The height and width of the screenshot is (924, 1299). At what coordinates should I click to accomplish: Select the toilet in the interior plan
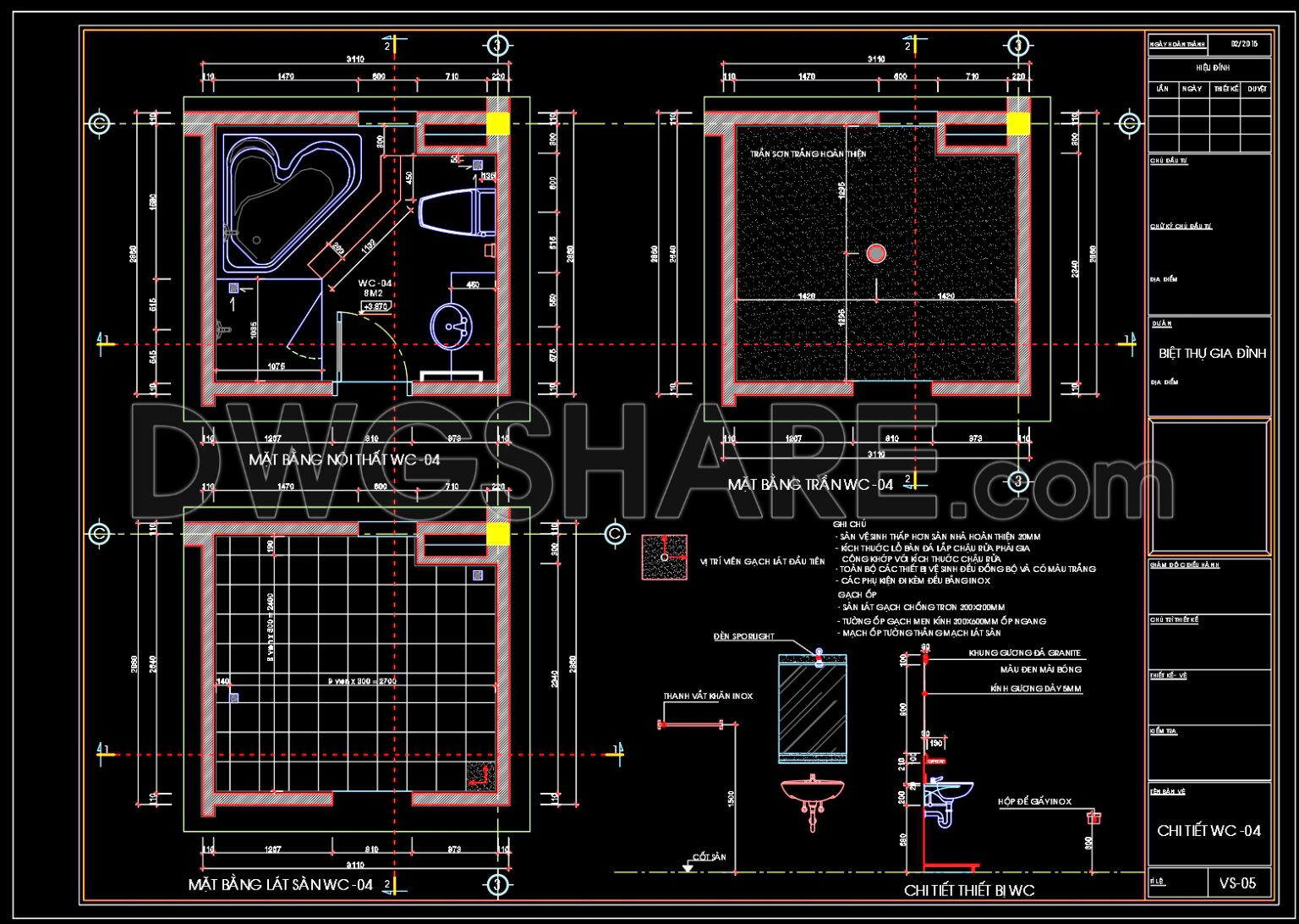tap(457, 212)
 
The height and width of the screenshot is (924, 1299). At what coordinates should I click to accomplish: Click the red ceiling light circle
tap(875, 252)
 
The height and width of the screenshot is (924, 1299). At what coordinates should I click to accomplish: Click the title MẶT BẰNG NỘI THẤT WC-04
tap(344, 460)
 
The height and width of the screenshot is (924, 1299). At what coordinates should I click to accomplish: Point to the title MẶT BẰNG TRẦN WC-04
tap(810, 485)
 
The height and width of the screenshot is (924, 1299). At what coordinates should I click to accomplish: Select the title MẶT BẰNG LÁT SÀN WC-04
tap(280, 885)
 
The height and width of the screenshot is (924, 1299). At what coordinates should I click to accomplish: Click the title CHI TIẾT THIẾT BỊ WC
tap(968, 890)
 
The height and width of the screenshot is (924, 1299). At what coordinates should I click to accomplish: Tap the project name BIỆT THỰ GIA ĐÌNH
tap(1212, 354)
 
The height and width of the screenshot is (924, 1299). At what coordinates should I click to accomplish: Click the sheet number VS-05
tap(1237, 883)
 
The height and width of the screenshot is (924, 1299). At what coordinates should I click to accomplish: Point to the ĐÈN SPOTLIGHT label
tap(743, 635)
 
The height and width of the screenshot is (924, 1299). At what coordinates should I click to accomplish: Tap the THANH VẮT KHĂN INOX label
tap(707, 696)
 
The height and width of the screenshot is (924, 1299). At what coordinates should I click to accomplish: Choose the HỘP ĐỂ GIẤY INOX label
tap(1034, 801)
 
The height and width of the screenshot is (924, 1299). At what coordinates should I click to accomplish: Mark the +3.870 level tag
tap(375, 306)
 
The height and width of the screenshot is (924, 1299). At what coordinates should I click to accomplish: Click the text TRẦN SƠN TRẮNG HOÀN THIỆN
tap(808, 154)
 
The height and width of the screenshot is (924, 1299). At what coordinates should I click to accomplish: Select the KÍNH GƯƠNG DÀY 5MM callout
tap(1035, 689)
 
